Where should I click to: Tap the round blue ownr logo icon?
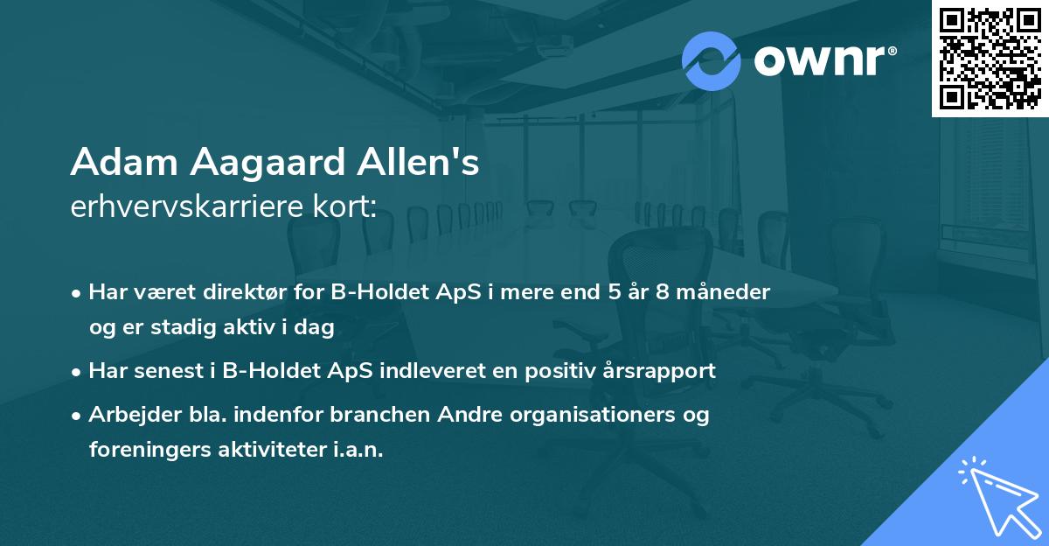point(712,60)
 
